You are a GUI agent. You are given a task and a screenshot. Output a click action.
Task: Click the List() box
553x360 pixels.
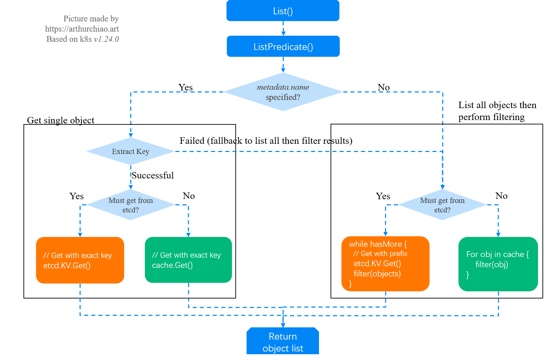click(283, 11)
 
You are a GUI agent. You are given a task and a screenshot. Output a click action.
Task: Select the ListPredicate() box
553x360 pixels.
click(283, 47)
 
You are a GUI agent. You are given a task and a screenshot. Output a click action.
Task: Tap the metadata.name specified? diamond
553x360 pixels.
click(283, 92)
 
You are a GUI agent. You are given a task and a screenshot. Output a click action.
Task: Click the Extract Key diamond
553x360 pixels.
click(131, 151)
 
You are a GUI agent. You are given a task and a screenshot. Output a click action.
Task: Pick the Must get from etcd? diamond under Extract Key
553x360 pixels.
click(131, 205)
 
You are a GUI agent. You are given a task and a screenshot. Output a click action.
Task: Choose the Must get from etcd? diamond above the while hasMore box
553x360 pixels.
click(442, 205)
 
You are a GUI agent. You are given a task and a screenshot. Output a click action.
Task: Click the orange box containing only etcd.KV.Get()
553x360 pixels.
click(80, 260)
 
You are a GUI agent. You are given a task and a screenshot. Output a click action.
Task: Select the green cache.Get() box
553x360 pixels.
click(188, 260)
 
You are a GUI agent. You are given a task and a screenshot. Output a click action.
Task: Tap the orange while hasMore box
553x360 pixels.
click(385, 263)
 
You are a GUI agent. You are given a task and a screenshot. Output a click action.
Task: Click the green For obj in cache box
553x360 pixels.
click(498, 264)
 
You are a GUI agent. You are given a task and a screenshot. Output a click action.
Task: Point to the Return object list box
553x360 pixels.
click(283, 342)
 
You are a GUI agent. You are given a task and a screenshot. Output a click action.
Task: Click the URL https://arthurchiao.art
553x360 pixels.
click(82, 29)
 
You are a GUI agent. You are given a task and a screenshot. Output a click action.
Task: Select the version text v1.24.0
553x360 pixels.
click(106, 39)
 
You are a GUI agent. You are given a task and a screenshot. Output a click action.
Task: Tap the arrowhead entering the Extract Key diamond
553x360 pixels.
click(131, 135)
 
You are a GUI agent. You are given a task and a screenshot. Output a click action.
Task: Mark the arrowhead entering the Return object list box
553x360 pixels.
click(283, 325)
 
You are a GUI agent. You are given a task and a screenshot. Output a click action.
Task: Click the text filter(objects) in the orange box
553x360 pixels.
click(377, 274)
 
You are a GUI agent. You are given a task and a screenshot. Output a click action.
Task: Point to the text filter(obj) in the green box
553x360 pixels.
click(491, 264)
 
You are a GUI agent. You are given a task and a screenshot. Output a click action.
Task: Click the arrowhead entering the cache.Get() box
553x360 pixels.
click(188, 235)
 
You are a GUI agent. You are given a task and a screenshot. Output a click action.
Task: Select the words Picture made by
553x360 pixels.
click(91, 19)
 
